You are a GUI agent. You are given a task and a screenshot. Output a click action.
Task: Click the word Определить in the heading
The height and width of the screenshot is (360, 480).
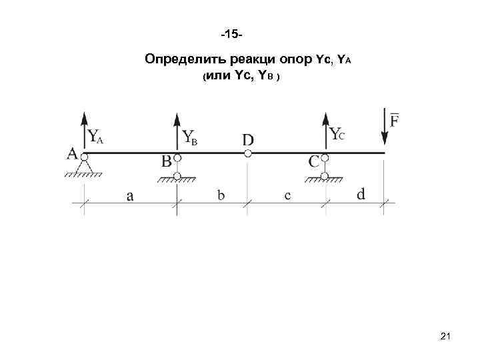pos(181,61)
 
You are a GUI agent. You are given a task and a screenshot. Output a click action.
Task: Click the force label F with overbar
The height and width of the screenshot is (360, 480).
pos(395,120)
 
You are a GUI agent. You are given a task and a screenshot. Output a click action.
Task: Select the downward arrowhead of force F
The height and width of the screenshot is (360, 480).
pos(385,139)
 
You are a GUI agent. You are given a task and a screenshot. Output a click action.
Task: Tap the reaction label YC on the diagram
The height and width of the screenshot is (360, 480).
pos(338,134)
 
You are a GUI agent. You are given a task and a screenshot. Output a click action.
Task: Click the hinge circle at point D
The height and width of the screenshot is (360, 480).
pos(247,153)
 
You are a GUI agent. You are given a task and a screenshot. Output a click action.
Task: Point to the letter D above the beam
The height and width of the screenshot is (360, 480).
pos(247,139)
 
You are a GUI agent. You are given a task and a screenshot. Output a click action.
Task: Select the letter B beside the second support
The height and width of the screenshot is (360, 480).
pos(167,162)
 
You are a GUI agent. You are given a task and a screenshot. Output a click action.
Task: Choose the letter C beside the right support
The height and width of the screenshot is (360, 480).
pos(314,162)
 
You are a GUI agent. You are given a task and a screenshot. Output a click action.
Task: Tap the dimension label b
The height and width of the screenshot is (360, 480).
pos(221,195)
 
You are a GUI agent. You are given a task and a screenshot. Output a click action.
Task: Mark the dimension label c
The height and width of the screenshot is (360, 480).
pos(287,195)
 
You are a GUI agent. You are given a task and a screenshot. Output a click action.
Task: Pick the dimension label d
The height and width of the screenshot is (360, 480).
pos(361,194)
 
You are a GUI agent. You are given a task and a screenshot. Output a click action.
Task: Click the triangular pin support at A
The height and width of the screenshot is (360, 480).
pos(85,164)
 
